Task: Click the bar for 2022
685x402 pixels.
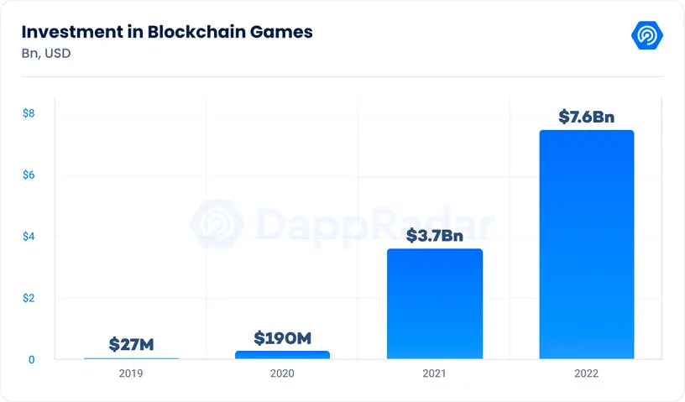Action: tap(586, 244)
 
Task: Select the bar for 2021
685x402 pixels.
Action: tap(434, 304)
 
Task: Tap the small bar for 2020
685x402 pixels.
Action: tap(282, 355)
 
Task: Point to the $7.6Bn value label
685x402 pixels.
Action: tap(587, 117)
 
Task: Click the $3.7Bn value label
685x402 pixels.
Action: tap(434, 235)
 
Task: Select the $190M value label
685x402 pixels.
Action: tap(282, 338)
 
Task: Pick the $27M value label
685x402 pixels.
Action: tap(131, 344)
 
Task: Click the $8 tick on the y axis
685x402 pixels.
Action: tap(29, 113)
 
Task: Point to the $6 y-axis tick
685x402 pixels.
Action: tap(29, 175)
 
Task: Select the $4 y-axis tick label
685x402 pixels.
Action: tap(29, 237)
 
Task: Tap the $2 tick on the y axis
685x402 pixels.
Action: tap(29, 298)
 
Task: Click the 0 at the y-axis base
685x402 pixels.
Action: tap(31, 360)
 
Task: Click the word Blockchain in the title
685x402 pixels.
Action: tap(190, 33)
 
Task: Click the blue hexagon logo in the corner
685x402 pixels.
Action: tap(647, 36)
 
